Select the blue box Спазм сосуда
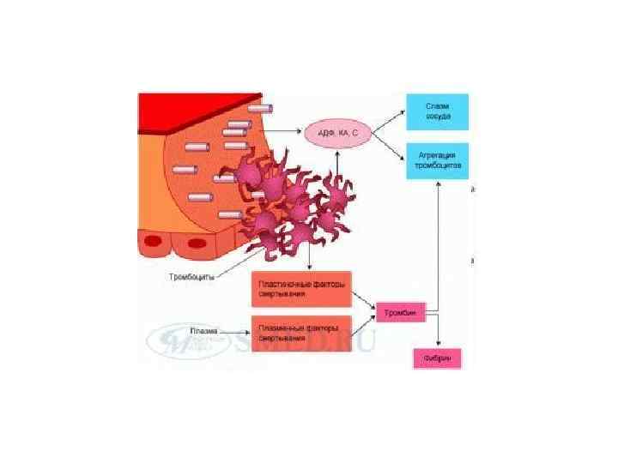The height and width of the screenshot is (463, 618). coord(438,111)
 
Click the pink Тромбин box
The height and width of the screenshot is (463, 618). coord(398,313)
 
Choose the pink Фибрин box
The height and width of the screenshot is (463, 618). coord(437,357)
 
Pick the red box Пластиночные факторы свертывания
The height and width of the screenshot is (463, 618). coord(302,290)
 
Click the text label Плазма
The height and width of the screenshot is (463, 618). coord(204,328)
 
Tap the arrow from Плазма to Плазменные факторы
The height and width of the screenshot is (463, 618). coord(234,328)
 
